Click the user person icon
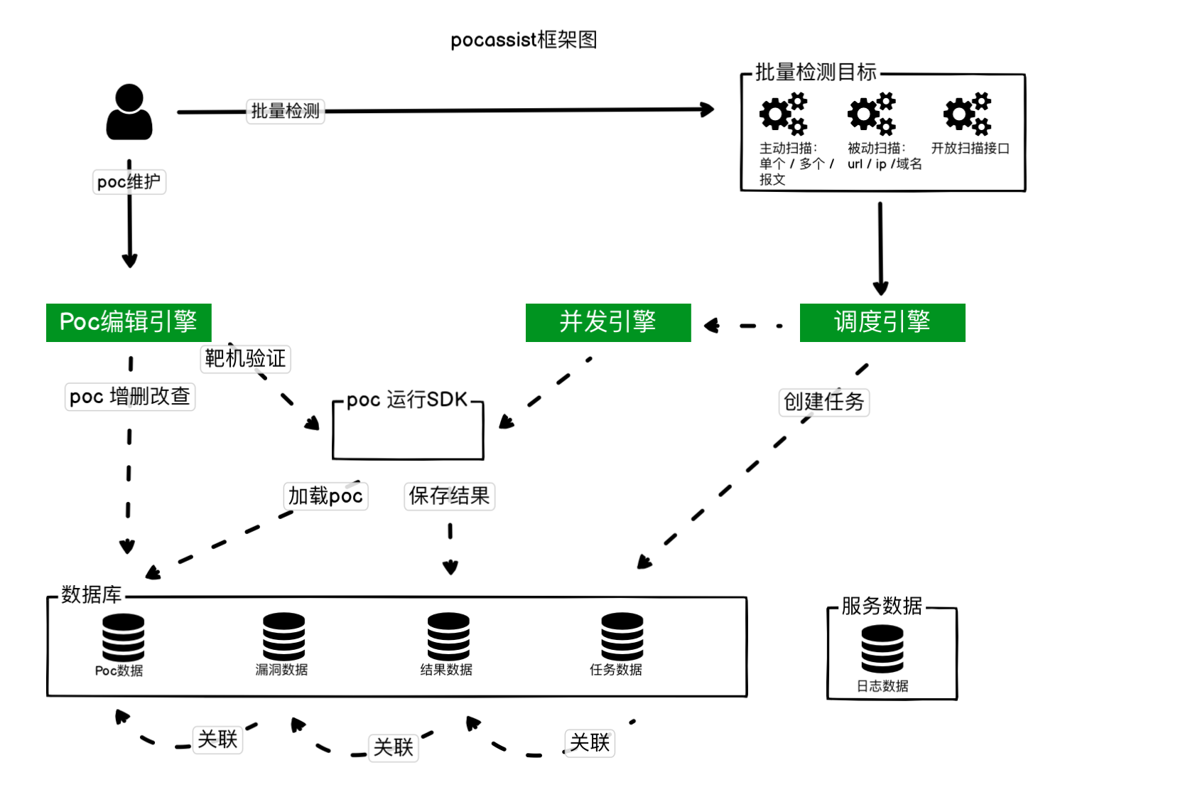pos(129,112)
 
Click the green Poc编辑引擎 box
pos(129,323)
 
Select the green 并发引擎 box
pos(608,323)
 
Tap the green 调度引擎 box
pos(882,323)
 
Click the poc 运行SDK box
pos(408,431)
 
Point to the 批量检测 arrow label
pos(286,111)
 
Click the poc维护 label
pos(129,182)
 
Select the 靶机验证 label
pos(246,358)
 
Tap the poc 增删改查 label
pos(130,396)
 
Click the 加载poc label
pos(326,496)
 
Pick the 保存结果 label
pos(450,496)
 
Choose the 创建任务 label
pos(824,402)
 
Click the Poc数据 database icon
pos(123,637)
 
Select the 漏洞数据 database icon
pos(283,636)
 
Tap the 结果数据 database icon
pos(448,636)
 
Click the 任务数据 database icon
pos(622,636)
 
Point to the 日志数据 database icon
pos(882,648)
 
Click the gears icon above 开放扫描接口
pos(967,113)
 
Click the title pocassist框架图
pos(524,40)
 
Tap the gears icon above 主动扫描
pos(784,113)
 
